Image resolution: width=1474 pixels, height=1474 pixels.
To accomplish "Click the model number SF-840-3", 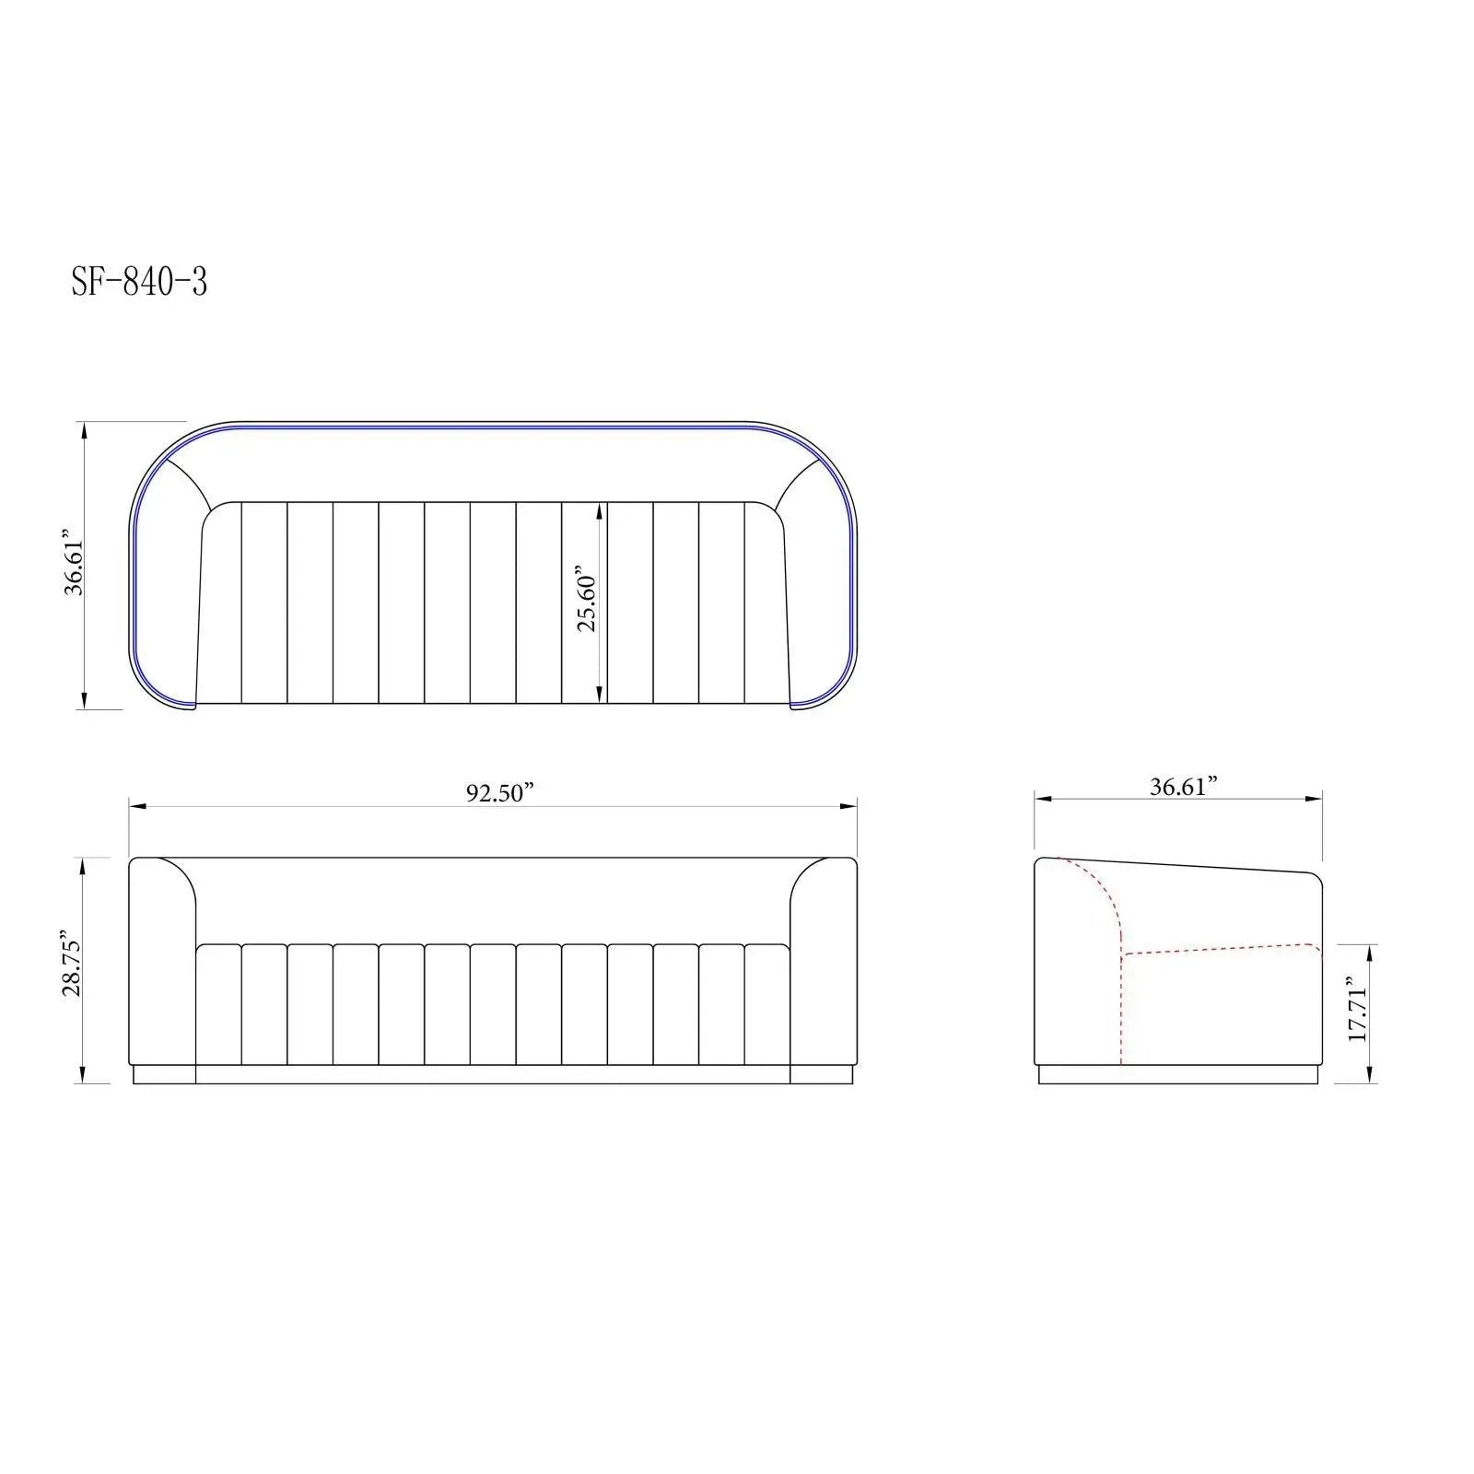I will click(x=139, y=282).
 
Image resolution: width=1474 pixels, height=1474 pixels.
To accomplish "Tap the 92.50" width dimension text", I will click(x=499, y=793).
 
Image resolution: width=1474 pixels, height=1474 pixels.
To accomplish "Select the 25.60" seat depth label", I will click(x=587, y=599).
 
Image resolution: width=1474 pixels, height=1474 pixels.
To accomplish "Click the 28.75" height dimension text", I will click(x=72, y=964).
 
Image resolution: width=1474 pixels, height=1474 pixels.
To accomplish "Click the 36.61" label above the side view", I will click(x=1184, y=786).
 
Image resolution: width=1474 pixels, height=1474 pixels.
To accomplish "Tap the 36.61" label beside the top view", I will click(x=74, y=563).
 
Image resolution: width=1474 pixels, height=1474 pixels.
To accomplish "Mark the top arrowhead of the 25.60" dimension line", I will click(x=601, y=509).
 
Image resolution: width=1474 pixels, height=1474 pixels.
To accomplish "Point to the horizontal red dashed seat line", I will click(x=1216, y=949).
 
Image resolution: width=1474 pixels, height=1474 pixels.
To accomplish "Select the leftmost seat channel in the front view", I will click(x=218, y=1004).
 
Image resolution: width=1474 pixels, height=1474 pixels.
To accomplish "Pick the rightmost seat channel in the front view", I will click(x=767, y=1004).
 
